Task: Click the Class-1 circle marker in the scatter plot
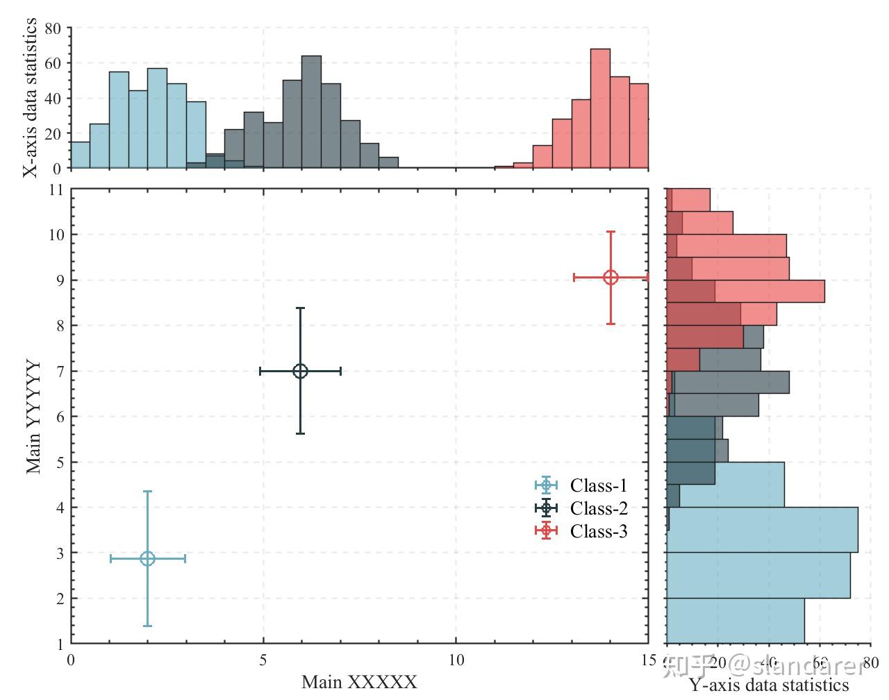coord(147,558)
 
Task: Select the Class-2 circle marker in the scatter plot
coord(300,371)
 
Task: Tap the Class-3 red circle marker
coord(610,277)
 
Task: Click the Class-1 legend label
coord(598,485)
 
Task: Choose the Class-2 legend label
coord(598,508)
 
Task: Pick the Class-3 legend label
coord(598,531)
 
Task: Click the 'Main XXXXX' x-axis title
coord(359,682)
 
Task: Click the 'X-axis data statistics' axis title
coord(30,98)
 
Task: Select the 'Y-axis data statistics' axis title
coord(769,686)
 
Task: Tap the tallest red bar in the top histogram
coord(600,108)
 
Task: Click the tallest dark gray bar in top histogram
coord(311,112)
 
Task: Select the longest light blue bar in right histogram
coord(762,530)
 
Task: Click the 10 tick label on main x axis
coord(456,660)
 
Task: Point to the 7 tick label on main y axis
coord(60,372)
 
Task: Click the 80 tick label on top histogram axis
coord(53,28)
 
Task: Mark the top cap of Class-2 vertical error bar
coord(300,308)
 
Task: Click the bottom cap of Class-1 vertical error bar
coord(147,626)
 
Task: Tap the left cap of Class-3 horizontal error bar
coord(574,277)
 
